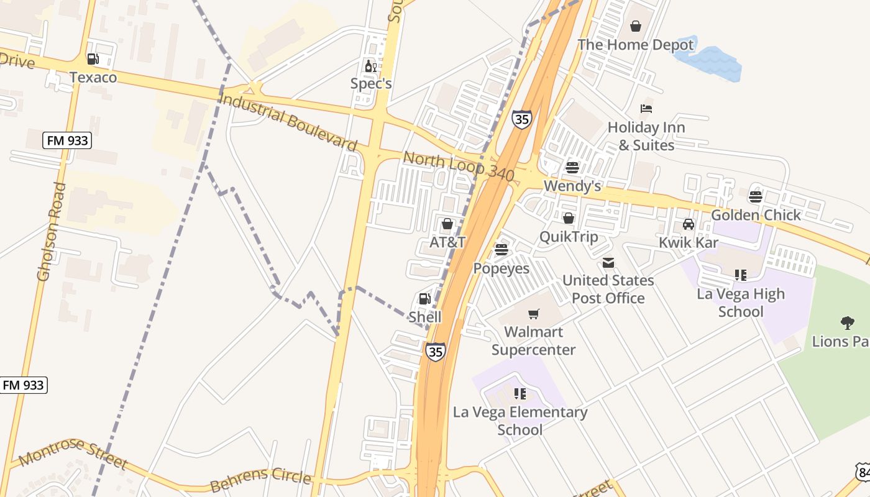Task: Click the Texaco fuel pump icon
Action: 93,59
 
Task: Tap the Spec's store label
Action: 371,83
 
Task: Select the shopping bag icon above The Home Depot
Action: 636,26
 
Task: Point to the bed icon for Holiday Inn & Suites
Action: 646,109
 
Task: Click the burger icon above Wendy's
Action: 572,167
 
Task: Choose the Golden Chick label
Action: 756,215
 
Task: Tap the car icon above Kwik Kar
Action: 689,224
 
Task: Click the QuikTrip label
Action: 569,237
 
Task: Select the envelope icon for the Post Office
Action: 608,263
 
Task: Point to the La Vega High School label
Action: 741,303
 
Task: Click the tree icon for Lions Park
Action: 847,322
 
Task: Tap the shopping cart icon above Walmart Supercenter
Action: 534,314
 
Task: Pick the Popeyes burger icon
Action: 501,250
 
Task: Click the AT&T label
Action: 447,242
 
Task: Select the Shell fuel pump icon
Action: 425,299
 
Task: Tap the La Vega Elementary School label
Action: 520,421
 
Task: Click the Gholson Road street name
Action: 51,231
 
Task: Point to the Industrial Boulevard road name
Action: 288,122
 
